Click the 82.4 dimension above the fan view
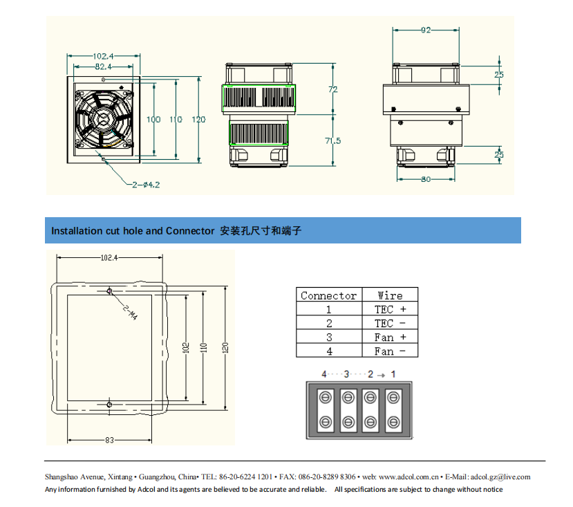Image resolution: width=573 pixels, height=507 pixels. pyautogui.click(x=103, y=66)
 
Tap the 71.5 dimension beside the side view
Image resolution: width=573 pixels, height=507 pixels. pyautogui.click(x=332, y=140)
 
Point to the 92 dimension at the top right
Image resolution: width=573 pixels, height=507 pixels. pyautogui.click(x=426, y=30)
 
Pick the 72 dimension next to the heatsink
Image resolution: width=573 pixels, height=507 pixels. pyautogui.click(x=332, y=89)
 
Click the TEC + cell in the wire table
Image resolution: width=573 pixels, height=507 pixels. pyautogui.click(x=390, y=309)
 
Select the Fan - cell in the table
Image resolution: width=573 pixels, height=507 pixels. pyautogui.click(x=390, y=351)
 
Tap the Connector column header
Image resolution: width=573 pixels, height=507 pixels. pyautogui.click(x=329, y=295)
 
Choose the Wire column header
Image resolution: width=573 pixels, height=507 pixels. pyautogui.click(x=390, y=295)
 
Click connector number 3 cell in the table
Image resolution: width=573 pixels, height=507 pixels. pyautogui.click(x=329, y=338)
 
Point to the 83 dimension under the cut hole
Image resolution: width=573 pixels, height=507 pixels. pyautogui.click(x=109, y=440)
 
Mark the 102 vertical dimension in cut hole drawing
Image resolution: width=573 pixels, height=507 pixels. pyautogui.click(x=186, y=347)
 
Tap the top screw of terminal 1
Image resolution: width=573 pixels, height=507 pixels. pyautogui.click(x=394, y=398)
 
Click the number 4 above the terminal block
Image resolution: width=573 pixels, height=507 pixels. pyautogui.click(x=323, y=374)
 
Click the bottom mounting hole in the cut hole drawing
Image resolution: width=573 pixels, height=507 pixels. pyautogui.click(x=109, y=403)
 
